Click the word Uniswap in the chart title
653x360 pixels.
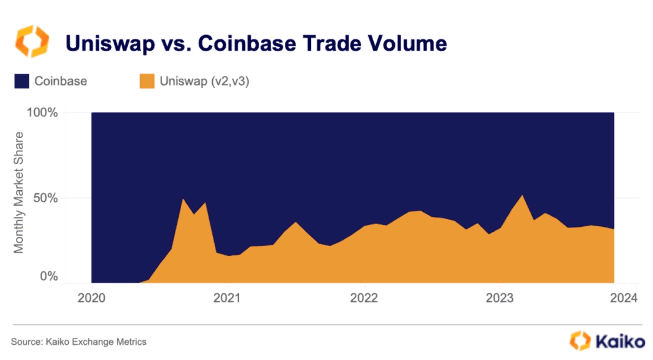(110, 43)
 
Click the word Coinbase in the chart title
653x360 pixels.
(247, 43)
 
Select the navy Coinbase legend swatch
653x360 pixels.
(22, 81)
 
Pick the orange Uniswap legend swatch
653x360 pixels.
(147, 81)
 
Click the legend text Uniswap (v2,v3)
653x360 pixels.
(204, 81)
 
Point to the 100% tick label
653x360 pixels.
(42, 113)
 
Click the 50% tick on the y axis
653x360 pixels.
(45, 198)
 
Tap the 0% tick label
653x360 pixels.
(48, 276)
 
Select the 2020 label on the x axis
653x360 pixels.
(91, 298)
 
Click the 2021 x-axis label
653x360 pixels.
(227, 298)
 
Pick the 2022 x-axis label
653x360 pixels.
(364, 298)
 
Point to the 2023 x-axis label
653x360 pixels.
(499, 298)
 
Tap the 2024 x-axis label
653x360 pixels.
(624, 298)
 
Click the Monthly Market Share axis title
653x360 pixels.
(19, 192)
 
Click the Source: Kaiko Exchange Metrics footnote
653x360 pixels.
(79, 342)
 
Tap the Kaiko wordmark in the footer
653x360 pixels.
(620, 342)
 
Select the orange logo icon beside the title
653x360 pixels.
(32, 41)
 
